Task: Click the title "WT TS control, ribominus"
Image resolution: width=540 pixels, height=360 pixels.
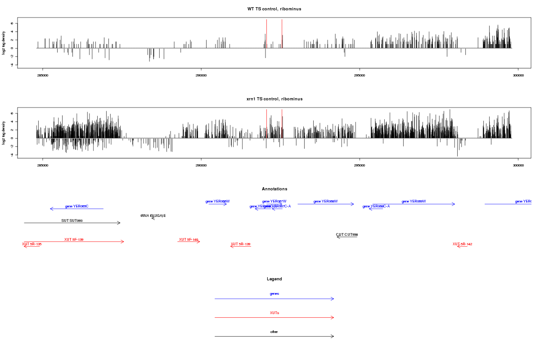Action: click(274, 9)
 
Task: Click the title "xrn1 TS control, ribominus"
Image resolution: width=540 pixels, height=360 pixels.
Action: click(274, 99)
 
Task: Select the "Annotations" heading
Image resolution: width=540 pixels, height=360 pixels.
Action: click(274, 189)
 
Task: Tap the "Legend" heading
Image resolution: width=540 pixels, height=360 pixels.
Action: click(274, 279)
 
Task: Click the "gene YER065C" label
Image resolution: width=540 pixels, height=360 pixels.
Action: click(76, 206)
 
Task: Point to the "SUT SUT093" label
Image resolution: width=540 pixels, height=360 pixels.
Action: click(72, 220)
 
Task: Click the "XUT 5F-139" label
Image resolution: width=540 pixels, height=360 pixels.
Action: click(74, 239)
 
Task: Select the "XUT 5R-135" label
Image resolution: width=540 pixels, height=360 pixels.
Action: click(31, 244)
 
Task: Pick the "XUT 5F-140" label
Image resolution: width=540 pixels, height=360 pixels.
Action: click(189, 239)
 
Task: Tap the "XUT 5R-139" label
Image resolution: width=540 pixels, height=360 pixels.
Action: click(240, 244)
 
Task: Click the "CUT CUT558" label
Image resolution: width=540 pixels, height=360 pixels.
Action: click(346, 234)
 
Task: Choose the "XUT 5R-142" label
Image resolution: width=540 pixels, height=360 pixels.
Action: click(462, 244)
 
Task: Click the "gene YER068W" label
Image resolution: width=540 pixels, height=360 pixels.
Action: click(325, 201)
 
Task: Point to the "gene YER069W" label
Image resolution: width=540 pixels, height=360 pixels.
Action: click(414, 201)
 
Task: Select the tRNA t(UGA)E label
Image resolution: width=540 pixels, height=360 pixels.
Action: click(153, 216)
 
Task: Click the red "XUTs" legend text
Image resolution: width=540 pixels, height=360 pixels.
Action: click(274, 313)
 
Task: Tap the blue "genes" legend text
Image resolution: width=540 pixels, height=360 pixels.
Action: click(274, 294)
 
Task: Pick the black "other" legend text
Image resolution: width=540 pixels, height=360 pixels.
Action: click(274, 332)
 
